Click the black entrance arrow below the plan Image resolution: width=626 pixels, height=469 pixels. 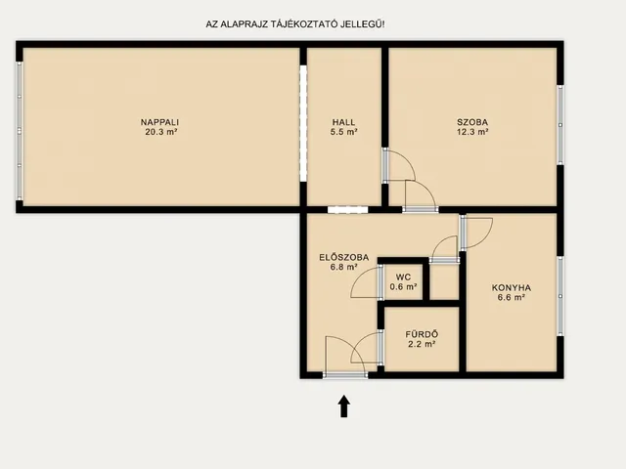tap(344, 406)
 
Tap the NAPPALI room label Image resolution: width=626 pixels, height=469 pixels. tap(159, 122)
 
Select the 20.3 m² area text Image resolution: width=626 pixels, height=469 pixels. tap(161, 132)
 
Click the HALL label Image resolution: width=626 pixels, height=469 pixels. tap(343, 122)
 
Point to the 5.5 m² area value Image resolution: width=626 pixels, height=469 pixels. tap(343, 132)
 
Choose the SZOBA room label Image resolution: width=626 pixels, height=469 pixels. tap(472, 122)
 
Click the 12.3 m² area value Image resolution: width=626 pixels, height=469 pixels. tap(472, 132)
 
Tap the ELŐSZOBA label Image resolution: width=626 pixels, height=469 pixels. tap(343, 258)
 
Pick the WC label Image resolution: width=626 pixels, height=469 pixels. tap(403, 277)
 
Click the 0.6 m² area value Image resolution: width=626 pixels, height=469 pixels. tap(403, 286)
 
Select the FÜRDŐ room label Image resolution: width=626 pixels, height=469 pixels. tap(422, 334)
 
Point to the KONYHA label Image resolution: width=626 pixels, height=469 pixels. tap(512, 287)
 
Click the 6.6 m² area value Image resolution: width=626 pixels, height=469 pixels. tap(512, 297)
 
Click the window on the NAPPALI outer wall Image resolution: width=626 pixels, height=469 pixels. tap(19, 131)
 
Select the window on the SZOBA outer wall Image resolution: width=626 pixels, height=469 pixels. tap(560, 125)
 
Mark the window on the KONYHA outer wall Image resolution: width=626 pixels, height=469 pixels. tap(560, 296)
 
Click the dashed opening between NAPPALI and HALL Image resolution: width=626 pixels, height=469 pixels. tap(303, 123)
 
